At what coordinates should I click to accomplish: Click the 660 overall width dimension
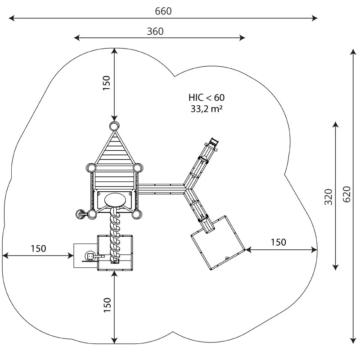(163, 11)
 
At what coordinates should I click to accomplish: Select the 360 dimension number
(155, 31)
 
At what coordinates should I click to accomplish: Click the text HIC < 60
(206, 97)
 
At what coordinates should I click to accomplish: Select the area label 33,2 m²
(207, 108)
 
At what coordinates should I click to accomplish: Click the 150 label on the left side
(38, 248)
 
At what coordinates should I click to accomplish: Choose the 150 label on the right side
(278, 243)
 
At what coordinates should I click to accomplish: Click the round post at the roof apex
(114, 126)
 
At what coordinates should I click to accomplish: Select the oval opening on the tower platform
(115, 198)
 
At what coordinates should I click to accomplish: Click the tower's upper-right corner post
(139, 168)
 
